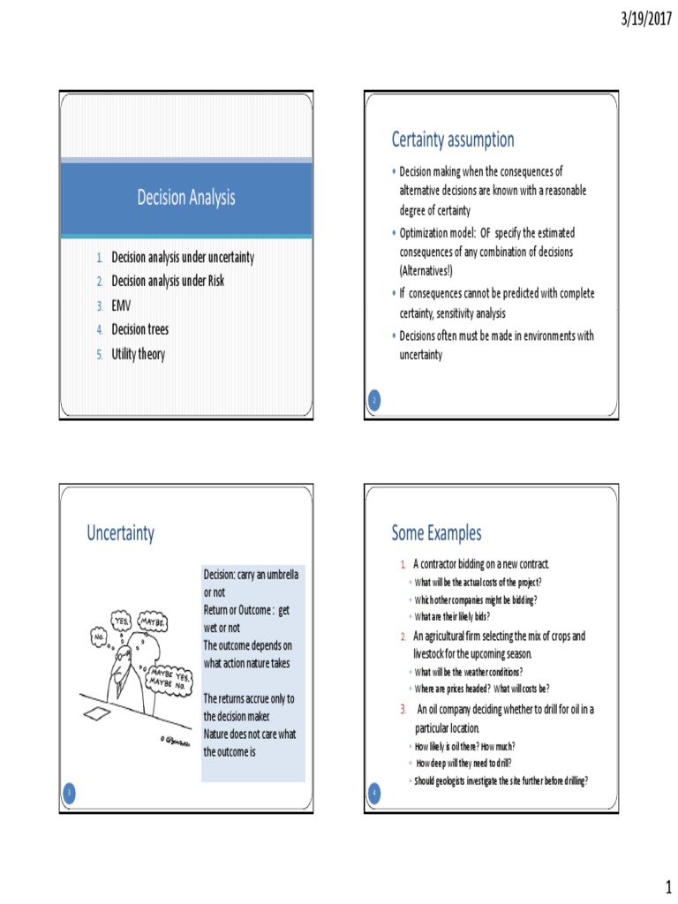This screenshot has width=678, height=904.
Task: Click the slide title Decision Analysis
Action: (x=186, y=198)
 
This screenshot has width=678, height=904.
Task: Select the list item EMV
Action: (x=121, y=305)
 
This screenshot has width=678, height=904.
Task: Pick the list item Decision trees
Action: (x=139, y=330)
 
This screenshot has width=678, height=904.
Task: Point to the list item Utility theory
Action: (x=138, y=355)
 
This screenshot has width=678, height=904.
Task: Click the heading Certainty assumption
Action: (x=453, y=139)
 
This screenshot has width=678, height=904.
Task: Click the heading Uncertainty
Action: (x=120, y=533)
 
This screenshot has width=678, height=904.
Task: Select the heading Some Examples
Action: (x=437, y=533)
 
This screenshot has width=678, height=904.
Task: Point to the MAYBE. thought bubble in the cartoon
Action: (x=152, y=621)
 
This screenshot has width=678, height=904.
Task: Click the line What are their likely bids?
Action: (x=451, y=616)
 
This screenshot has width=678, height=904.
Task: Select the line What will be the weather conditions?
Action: (x=468, y=672)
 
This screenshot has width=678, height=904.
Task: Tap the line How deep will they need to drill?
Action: (x=463, y=764)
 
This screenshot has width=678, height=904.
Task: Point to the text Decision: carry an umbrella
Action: (x=252, y=576)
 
